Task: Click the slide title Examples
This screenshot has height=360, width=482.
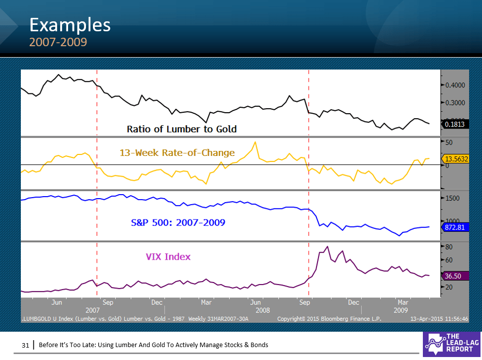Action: coord(70,24)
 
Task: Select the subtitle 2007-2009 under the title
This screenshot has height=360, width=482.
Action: coord(58,42)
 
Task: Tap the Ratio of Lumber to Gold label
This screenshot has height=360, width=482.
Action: coord(181,129)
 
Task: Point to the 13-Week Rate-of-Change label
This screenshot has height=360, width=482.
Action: coord(177,152)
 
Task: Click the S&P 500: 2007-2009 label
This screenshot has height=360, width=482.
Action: coord(178,223)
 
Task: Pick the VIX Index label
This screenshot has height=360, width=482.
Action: coord(168,257)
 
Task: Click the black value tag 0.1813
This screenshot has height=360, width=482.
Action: coord(455,124)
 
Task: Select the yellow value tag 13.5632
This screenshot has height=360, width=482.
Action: coord(455,159)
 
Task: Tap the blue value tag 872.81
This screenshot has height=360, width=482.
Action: coord(455,227)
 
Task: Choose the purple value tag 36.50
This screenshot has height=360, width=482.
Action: coord(454,276)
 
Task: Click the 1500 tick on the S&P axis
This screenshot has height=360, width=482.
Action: coord(453,198)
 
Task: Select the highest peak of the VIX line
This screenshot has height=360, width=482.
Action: coord(327,246)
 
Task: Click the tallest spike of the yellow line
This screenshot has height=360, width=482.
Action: coord(255,143)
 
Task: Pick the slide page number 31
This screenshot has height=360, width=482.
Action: coord(25,345)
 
